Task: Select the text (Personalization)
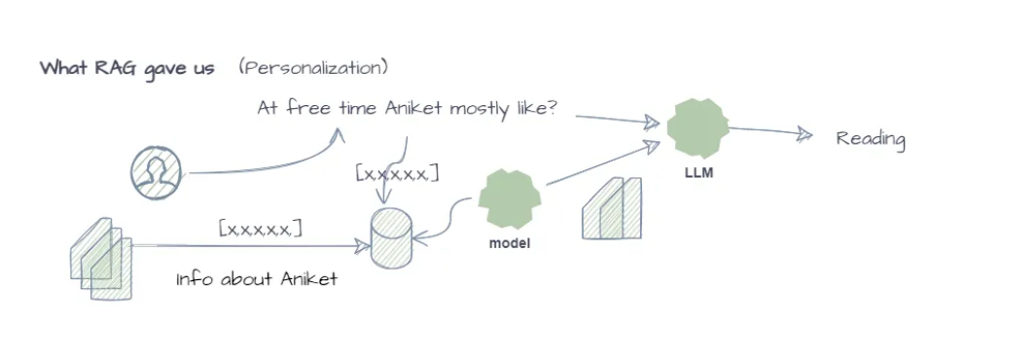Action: [314, 68]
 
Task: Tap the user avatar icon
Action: [156, 172]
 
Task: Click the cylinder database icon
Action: [390, 238]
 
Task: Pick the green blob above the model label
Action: [510, 198]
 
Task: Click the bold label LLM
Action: [699, 174]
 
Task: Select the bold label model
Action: [510, 243]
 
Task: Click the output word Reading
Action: [871, 139]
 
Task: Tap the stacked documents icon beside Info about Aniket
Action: [101, 258]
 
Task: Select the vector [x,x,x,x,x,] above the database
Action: [397, 173]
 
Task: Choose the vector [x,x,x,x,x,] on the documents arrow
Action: [261, 229]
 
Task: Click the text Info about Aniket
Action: [257, 279]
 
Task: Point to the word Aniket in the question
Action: [413, 108]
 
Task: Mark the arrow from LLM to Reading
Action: [770, 132]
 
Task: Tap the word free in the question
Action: [308, 108]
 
